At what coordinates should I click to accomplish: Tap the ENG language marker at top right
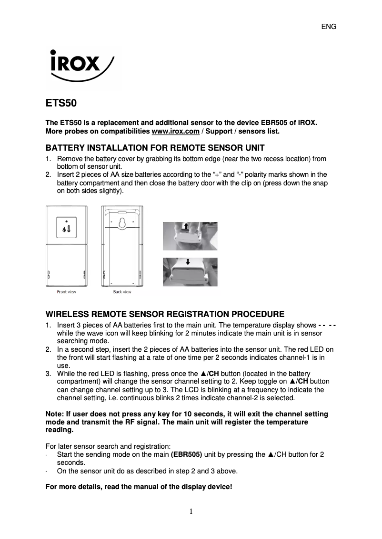329,27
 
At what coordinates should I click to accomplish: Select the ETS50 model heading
61,103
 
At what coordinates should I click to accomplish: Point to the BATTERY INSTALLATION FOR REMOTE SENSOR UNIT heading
155,147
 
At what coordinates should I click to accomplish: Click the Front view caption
66,292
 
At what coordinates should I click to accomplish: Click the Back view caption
122,292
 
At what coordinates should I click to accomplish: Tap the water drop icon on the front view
64,231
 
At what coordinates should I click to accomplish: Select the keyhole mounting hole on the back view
122,222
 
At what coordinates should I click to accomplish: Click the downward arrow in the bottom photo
188,262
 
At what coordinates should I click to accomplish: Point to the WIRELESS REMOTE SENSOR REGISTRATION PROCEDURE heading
165,314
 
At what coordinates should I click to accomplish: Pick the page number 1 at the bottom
191,511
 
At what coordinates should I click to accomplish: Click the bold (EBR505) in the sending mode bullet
186,454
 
